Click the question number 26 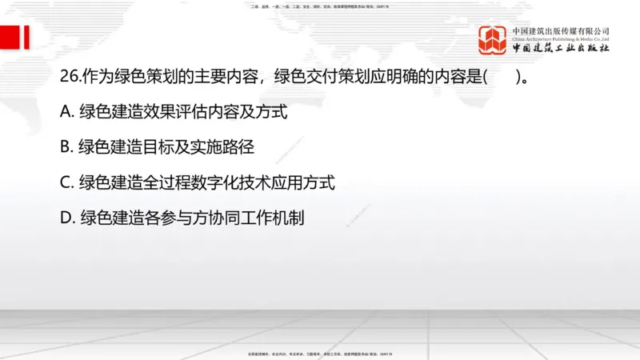coord(68,77)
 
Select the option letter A coord(66,112)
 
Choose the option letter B coord(66,147)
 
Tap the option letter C coord(66,182)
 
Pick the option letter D coord(67,218)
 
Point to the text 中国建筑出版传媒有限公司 coord(561,30)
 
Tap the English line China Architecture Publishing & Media coord(561,38)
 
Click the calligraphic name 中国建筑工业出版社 coord(561,48)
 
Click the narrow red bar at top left coord(26,37)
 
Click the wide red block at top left coord(10,37)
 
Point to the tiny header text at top coord(320,6)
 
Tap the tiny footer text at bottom coord(320,353)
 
